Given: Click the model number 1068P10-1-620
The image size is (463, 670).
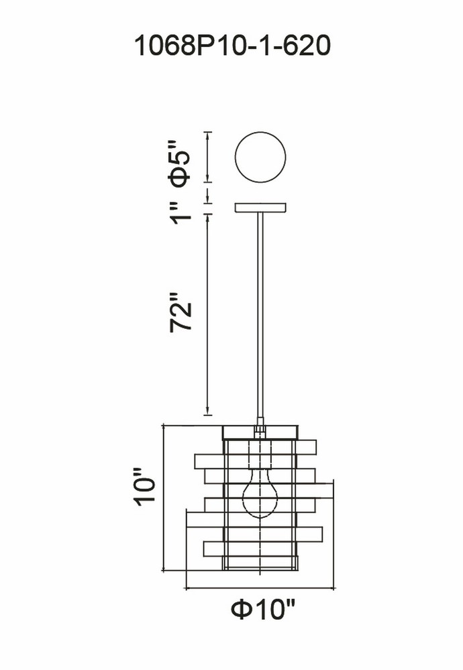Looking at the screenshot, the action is pos(232,46).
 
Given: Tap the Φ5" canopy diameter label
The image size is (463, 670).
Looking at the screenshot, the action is pos(180,163).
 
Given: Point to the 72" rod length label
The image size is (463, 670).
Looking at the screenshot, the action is pos(180,312).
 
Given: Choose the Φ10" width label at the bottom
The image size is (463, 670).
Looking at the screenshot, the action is pos(263,609).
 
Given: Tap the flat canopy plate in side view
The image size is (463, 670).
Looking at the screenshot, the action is pos(260,208).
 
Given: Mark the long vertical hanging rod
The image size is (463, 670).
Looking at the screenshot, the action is pos(260,316).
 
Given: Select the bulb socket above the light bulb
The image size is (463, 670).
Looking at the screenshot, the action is pos(260,454).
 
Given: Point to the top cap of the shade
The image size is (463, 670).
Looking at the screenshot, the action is pos(260,432).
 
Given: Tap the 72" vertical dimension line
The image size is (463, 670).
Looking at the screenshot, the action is pos(207,314).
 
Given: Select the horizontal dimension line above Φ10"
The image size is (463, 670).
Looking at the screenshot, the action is pos(260,588).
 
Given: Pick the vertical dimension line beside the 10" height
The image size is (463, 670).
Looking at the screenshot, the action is pos(164,498).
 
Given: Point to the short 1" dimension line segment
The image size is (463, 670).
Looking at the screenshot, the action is pos(207,195).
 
